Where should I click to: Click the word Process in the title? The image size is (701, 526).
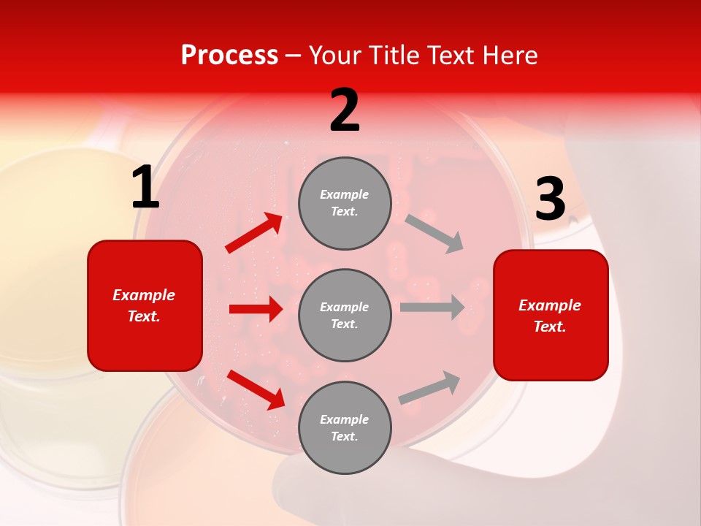pyautogui.click(x=229, y=56)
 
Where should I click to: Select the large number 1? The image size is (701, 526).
pyautogui.click(x=145, y=188)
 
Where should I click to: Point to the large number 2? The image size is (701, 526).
pyautogui.click(x=345, y=110)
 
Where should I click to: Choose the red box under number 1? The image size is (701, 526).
pyautogui.click(x=145, y=305)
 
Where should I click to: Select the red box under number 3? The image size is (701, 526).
pyautogui.click(x=551, y=315)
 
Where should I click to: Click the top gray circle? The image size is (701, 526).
pyautogui.click(x=345, y=203)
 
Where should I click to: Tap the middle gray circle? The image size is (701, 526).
pyautogui.click(x=345, y=315)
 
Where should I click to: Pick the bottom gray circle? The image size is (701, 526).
pyautogui.click(x=345, y=427)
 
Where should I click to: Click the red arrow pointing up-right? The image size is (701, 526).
pyautogui.click(x=254, y=233)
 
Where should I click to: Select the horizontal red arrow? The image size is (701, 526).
pyautogui.click(x=256, y=309)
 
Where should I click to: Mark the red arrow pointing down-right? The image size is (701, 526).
pyautogui.click(x=256, y=389)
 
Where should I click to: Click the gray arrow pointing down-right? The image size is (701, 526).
pyautogui.click(x=434, y=233)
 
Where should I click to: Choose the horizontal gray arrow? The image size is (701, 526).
pyautogui.click(x=432, y=307)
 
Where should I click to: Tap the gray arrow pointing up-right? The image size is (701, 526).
pyautogui.click(x=430, y=387)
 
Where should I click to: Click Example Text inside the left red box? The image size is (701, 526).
pyautogui.click(x=144, y=305)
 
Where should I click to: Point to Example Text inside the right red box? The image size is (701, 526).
pyautogui.click(x=550, y=316)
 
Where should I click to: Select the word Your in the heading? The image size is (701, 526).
pyautogui.click(x=335, y=56)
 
